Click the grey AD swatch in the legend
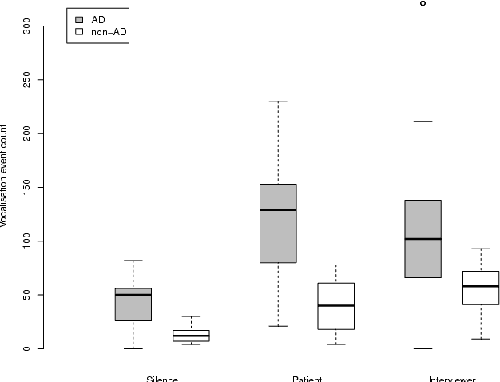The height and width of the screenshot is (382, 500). click(79, 19)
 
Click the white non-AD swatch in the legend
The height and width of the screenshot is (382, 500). click(79, 32)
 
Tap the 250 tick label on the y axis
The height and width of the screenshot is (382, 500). click(26, 79)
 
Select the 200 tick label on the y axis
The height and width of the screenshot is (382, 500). click(26, 133)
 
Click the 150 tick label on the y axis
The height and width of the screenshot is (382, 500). click(26, 187)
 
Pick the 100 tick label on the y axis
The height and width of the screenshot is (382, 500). click(26, 241)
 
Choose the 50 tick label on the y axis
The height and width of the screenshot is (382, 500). click(26, 295)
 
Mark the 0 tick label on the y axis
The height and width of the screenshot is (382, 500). click(26, 348)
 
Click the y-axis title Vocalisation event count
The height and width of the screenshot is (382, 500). click(6, 176)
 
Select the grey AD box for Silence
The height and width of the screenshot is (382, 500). click(133, 304)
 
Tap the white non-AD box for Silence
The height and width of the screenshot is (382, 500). click(191, 336)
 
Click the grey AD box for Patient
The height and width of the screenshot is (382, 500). click(278, 223)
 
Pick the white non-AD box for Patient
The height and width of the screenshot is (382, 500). click(335, 306)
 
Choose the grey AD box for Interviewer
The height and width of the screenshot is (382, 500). click(423, 238)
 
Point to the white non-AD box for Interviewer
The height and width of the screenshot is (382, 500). click(481, 288)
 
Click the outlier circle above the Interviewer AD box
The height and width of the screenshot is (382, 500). click(423, 3)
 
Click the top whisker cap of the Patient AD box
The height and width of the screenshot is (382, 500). click(278, 101)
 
